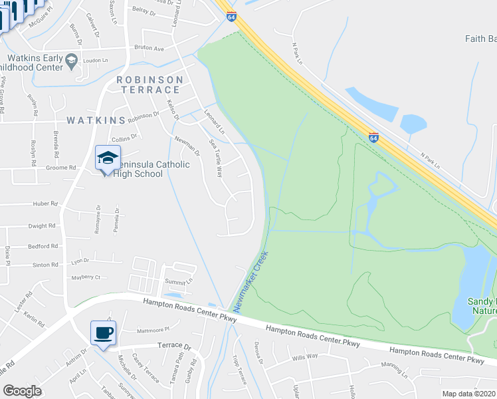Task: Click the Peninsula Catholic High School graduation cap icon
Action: (107, 158)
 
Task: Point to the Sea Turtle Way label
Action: (216, 158)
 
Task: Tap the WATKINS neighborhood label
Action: (96, 120)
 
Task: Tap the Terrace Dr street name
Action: (174, 346)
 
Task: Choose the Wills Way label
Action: (306, 357)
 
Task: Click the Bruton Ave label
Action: (149, 49)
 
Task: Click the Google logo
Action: (22, 391)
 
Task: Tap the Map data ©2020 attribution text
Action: (469, 394)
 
